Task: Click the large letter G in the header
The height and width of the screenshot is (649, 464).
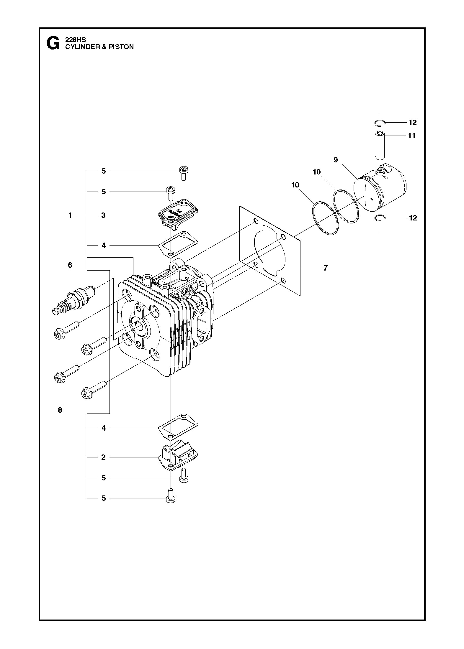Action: click(x=53, y=43)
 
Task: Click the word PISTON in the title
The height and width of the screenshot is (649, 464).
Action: click(x=121, y=47)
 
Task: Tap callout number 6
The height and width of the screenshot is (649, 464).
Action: click(x=70, y=265)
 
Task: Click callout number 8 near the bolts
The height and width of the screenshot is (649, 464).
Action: click(x=60, y=410)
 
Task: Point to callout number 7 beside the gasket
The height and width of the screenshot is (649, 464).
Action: click(x=325, y=268)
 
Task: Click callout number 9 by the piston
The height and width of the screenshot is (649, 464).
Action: click(x=336, y=160)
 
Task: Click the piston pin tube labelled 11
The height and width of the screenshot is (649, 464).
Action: click(x=380, y=145)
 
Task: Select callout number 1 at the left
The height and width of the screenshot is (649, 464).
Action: click(x=70, y=215)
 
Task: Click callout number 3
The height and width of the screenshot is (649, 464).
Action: click(x=103, y=215)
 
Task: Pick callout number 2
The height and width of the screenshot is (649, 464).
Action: click(x=103, y=457)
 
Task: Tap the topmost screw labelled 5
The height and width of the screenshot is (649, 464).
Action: click(x=184, y=173)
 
